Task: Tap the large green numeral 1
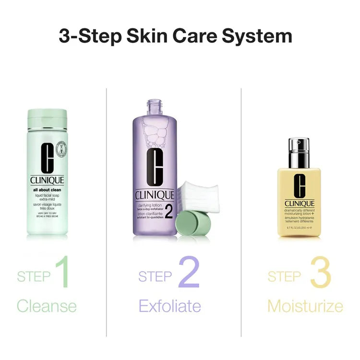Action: [61, 272]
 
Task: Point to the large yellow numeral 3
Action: [320, 272]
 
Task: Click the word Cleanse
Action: [47, 306]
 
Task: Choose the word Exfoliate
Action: [169, 306]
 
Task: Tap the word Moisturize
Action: [305, 306]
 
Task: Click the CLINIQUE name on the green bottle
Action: [47, 180]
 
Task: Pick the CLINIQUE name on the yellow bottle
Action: [299, 204]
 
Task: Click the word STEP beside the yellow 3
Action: [284, 277]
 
